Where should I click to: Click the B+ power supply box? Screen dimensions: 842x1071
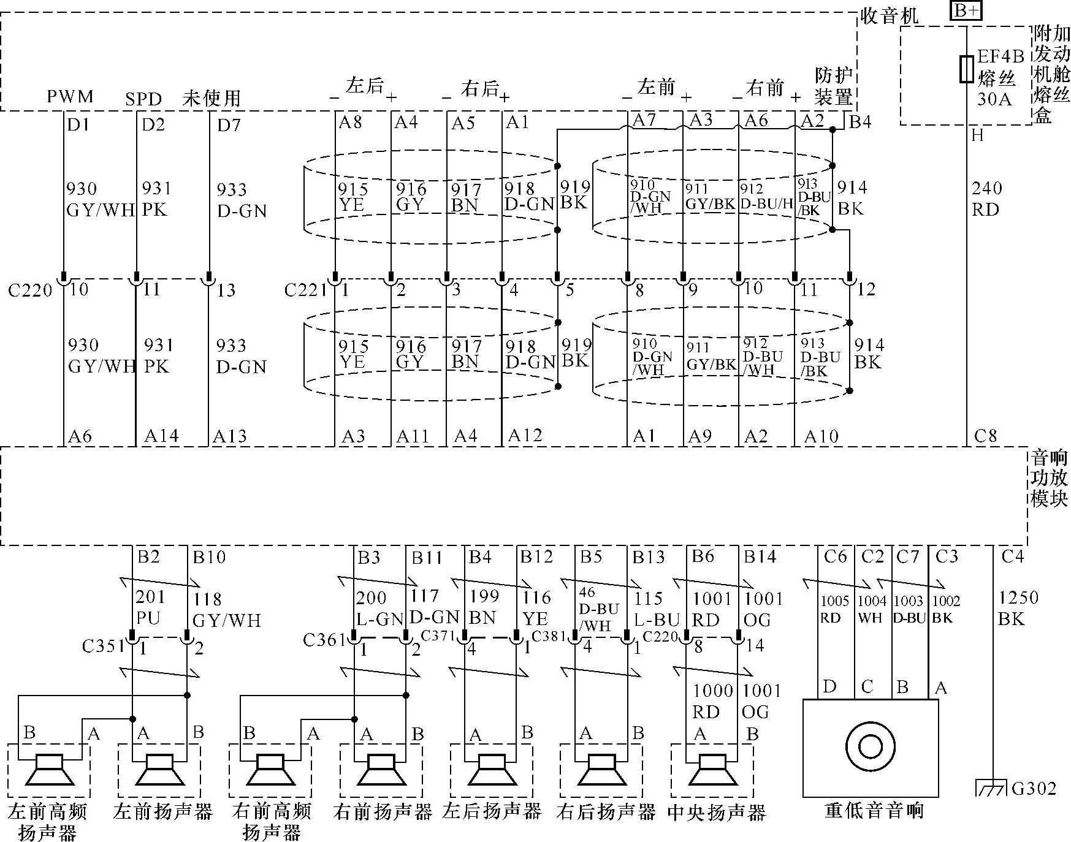966,10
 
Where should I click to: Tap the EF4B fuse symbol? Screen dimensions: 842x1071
966,69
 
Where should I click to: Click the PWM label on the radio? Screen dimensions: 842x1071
71,97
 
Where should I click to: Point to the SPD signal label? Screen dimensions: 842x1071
143,99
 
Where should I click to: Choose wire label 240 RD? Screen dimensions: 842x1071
986,199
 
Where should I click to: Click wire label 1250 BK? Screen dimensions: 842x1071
1018,608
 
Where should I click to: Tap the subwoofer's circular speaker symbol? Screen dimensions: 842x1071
870,746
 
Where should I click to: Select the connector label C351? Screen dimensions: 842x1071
103,646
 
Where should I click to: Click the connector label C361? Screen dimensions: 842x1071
324,640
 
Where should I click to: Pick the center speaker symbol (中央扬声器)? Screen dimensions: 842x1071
712,769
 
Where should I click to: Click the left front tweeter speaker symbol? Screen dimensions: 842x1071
49,769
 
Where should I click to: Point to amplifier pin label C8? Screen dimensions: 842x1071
986,436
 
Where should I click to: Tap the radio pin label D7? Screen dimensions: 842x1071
229,125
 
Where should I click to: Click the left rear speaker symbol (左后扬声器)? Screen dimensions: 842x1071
491,769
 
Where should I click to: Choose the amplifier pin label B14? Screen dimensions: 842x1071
760,556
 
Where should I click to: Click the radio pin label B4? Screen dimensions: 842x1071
859,122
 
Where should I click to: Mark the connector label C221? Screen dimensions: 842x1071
305,289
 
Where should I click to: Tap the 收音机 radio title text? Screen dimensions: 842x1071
890,15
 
